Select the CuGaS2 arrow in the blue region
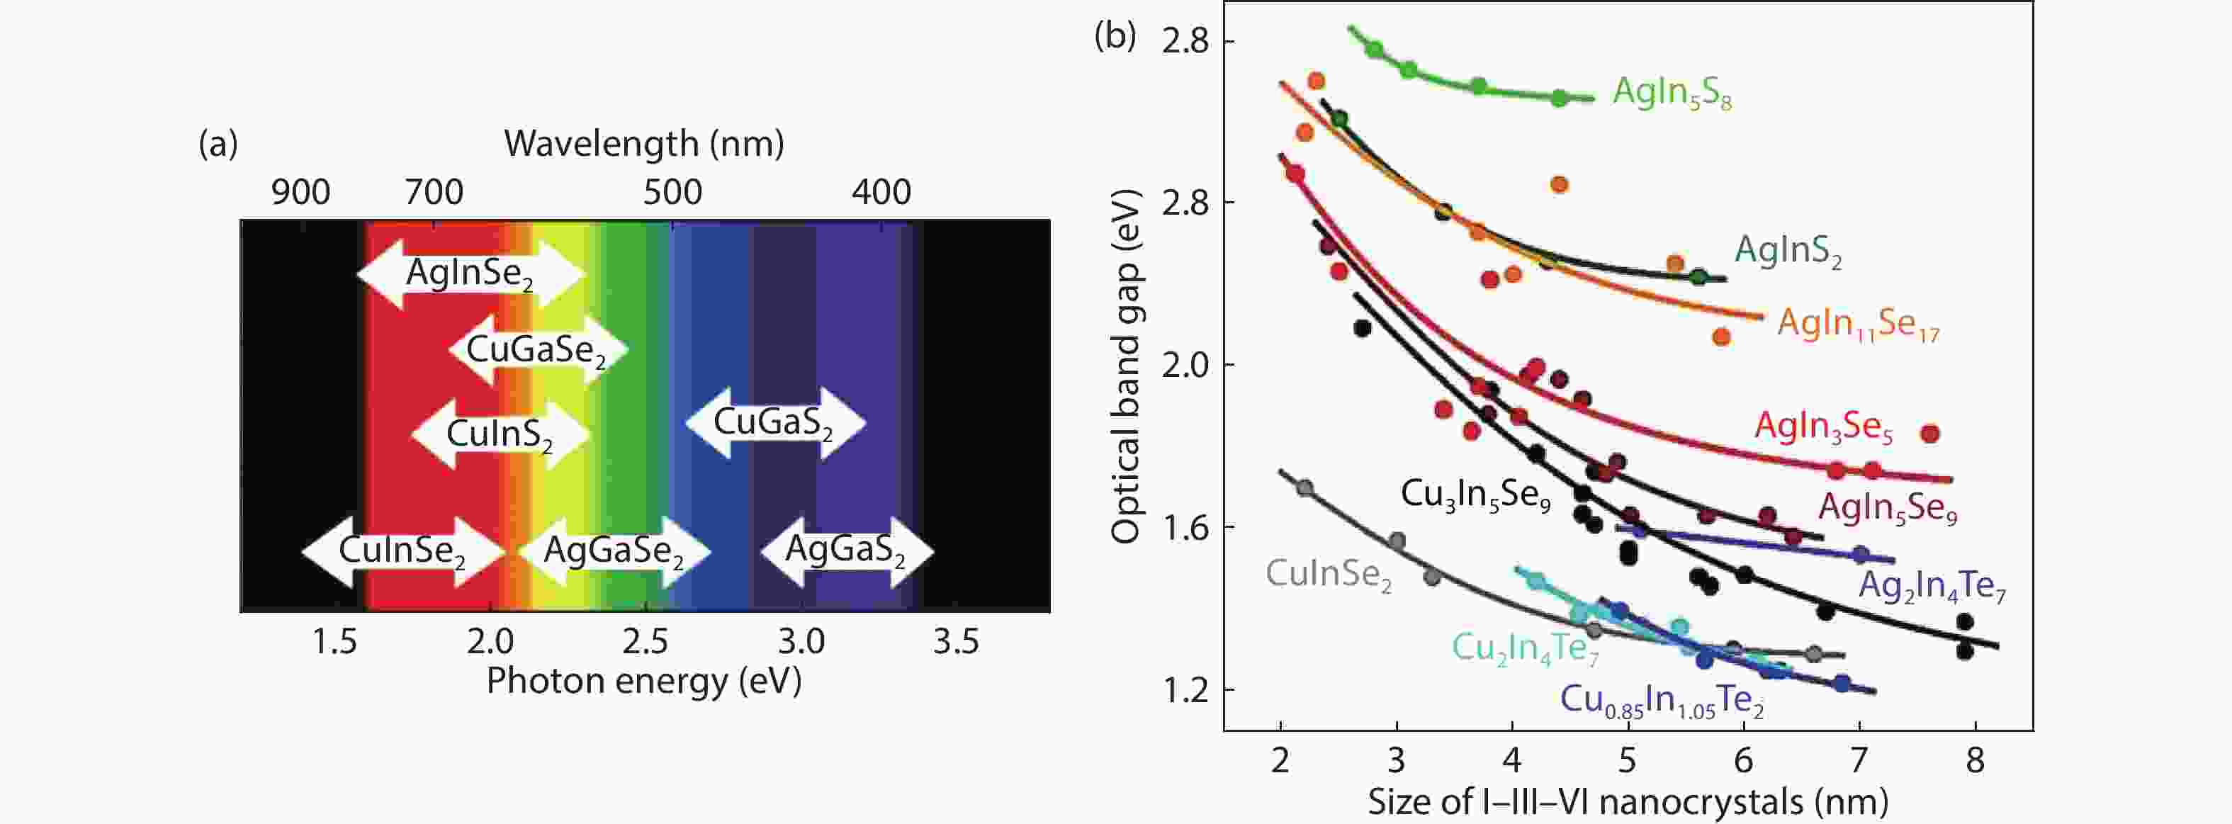[x=774, y=423]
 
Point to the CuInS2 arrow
[x=500, y=434]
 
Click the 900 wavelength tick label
[x=300, y=191]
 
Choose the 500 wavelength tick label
[x=672, y=191]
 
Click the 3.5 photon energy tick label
[x=956, y=642]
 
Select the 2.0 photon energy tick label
[x=490, y=642]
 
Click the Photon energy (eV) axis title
[x=644, y=681]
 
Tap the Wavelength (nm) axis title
[x=644, y=143]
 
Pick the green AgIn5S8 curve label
[x=1672, y=92]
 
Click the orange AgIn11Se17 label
[x=1858, y=324]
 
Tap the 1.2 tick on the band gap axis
[x=1185, y=691]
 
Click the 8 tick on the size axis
[x=1975, y=761]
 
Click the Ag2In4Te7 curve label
[x=1932, y=587]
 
